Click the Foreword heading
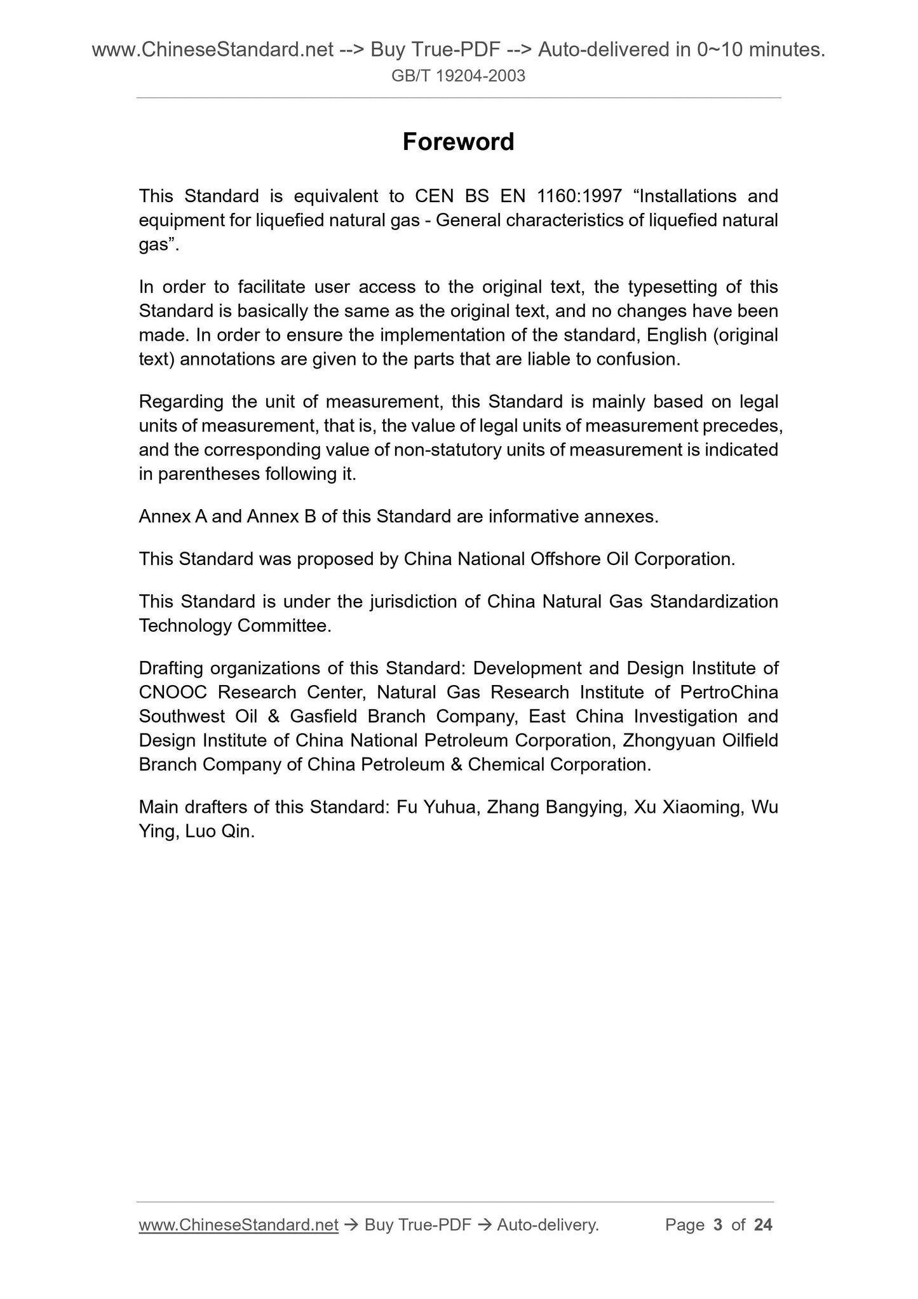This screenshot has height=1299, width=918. point(458,142)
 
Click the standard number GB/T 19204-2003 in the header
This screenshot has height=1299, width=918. point(458,77)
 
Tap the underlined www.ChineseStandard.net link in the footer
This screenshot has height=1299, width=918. point(238,1225)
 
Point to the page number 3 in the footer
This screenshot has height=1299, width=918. point(718,1225)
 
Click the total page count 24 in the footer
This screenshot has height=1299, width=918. point(762,1225)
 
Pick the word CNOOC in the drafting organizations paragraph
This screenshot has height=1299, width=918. point(173,692)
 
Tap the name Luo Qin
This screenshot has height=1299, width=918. point(219,831)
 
